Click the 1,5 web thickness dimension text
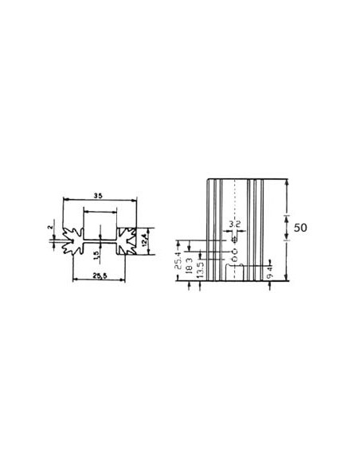[96, 256]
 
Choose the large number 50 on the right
[300, 227]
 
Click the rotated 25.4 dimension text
[176, 259]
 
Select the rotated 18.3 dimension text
[188, 264]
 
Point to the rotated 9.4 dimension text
[271, 274]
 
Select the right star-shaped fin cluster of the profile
[127, 240]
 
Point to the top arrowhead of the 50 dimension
[287, 182]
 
